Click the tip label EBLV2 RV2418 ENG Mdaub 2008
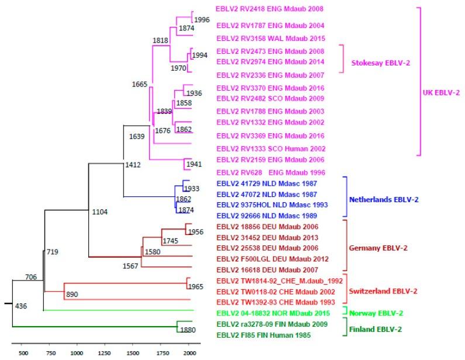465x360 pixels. (261, 9)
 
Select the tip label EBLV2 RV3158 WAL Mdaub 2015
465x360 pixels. (261, 39)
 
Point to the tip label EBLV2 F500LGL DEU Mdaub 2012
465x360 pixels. (261, 258)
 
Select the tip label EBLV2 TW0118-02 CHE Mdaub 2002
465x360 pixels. (262, 291)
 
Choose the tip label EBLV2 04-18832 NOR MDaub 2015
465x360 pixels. (262, 313)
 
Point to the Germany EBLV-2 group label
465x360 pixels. (378, 248)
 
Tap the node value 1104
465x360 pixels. (101, 211)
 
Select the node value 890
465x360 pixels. (73, 294)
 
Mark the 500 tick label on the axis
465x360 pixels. (23, 353)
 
